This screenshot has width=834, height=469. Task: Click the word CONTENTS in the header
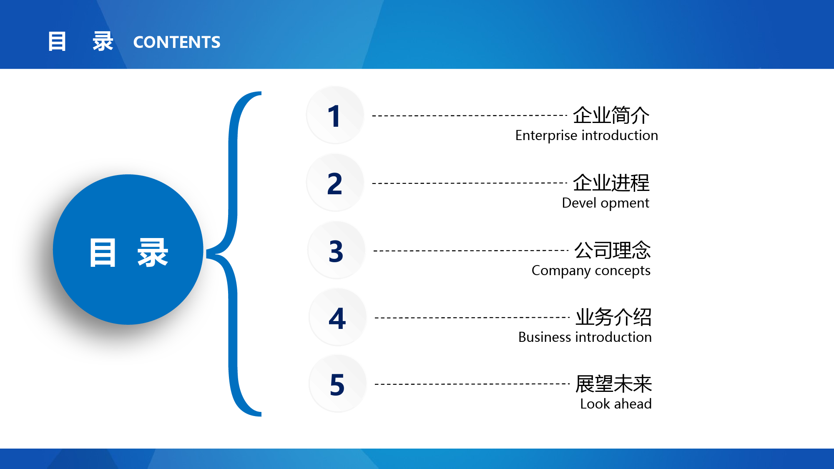tap(177, 42)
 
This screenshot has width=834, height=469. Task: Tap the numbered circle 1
tap(335, 115)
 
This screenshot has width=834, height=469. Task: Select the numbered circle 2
tap(335, 183)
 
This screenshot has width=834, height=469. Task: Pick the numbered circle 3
tap(337, 250)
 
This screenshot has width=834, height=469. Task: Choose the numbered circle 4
tap(338, 317)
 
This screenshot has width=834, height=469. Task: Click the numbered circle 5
tap(338, 384)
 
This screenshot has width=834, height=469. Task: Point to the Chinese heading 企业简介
tap(611, 115)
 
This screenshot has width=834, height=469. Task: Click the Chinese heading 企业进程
tap(611, 183)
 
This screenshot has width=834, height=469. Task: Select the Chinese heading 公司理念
tap(613, 250)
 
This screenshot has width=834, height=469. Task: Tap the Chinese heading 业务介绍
tap(614, 317)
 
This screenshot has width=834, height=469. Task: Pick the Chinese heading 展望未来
tap(614, 384)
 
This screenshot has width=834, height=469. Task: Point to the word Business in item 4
tap(545, 337)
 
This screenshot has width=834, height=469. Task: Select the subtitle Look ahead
tap(616, 404)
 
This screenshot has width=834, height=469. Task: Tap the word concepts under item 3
tap(623, 271)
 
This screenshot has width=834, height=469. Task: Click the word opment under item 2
tap(625, 203)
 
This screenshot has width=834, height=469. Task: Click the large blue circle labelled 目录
tap(128, 249)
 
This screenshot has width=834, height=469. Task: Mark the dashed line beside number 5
tap(472, 384)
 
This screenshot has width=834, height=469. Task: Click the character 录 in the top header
tap(103, 42)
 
